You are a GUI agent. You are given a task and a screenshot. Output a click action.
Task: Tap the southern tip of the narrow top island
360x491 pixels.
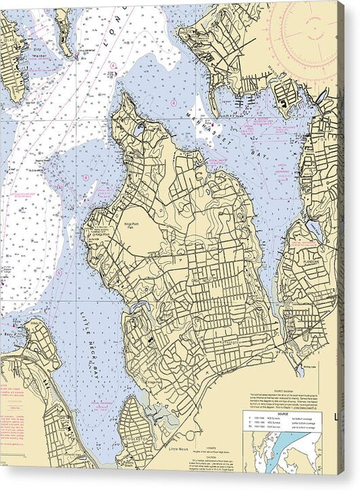[68, 54]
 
